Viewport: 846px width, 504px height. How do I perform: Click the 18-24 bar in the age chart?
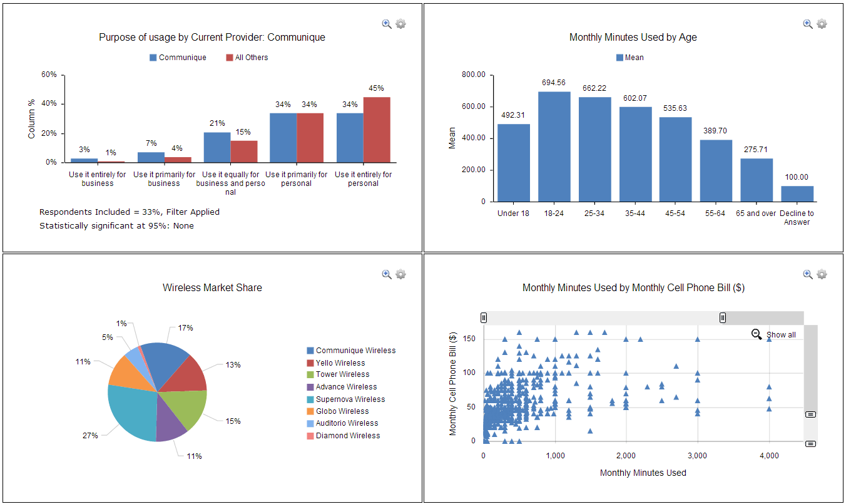[554, 147]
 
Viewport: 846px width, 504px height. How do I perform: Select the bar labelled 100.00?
[797, 193]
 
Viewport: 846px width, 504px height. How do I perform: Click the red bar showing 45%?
[377, 130]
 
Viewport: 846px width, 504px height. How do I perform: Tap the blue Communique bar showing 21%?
[217, 147]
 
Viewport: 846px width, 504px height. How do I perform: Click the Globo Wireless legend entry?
[342, 411]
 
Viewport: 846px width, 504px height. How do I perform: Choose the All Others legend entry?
[251, 58]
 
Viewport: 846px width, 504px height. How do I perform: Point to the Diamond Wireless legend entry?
[347, 436]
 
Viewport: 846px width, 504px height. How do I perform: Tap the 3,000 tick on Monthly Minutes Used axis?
[697, 456]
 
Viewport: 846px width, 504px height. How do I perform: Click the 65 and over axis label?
[757, 213]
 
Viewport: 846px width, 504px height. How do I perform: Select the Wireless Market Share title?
[212, 288]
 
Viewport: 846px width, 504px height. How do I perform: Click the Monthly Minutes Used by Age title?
[633, 38]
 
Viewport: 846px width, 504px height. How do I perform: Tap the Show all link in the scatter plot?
[780, 335]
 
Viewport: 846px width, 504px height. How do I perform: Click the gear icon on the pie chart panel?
[401, 274]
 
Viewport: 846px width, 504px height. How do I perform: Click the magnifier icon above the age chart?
[808, 24]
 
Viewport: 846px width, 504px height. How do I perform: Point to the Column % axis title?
[32, 119]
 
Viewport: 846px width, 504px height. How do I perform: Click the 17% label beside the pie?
[185, 328]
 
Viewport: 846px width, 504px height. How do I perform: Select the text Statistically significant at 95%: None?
[116, 226]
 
